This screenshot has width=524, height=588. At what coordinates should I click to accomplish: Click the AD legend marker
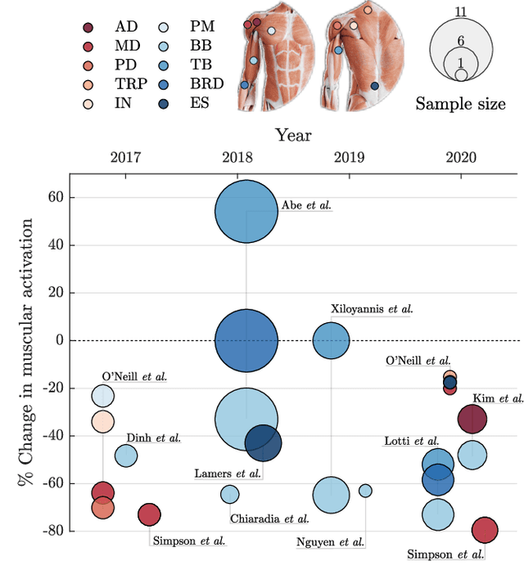pos(88,27)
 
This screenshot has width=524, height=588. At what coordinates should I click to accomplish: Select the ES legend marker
pos(176,104)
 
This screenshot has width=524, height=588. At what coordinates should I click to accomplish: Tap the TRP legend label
pos(130,84)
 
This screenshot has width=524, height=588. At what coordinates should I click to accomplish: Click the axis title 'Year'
pos(292,134)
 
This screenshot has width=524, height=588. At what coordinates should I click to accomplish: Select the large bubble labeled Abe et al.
pos(246,212)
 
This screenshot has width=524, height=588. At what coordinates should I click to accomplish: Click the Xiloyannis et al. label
pos(372,309)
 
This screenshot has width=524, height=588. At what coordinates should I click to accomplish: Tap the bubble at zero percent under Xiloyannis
pos(331,340)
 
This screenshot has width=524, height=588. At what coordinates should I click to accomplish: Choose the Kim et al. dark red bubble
pos(472,420)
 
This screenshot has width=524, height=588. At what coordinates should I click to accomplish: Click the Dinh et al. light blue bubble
pos(126,455)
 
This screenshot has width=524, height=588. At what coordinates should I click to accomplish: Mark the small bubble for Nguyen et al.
pos(365,491)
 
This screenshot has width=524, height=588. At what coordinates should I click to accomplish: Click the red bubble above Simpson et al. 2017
pos(149,514)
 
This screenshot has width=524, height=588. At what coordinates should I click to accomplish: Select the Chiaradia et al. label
pos(269,518)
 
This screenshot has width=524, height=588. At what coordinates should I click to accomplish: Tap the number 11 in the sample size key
pos(461,11)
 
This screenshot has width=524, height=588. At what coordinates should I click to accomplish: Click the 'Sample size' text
pos(460,104)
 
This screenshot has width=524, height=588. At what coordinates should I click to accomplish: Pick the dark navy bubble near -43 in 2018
pos(263,443)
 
